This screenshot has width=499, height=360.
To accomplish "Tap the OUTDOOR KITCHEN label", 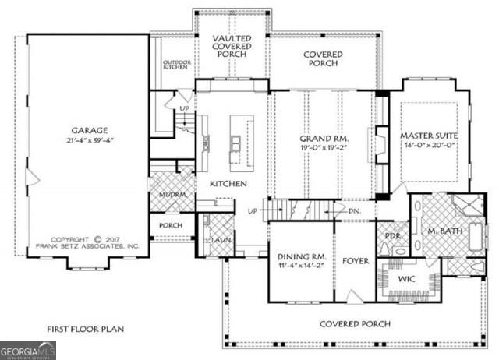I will (x=176, y=65).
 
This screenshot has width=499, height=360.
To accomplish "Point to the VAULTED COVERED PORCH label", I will (x=232, y=46).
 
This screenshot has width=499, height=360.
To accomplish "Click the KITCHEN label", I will (x=228, y=184).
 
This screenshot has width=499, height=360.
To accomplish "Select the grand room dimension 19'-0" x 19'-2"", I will (x=324, y=147).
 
